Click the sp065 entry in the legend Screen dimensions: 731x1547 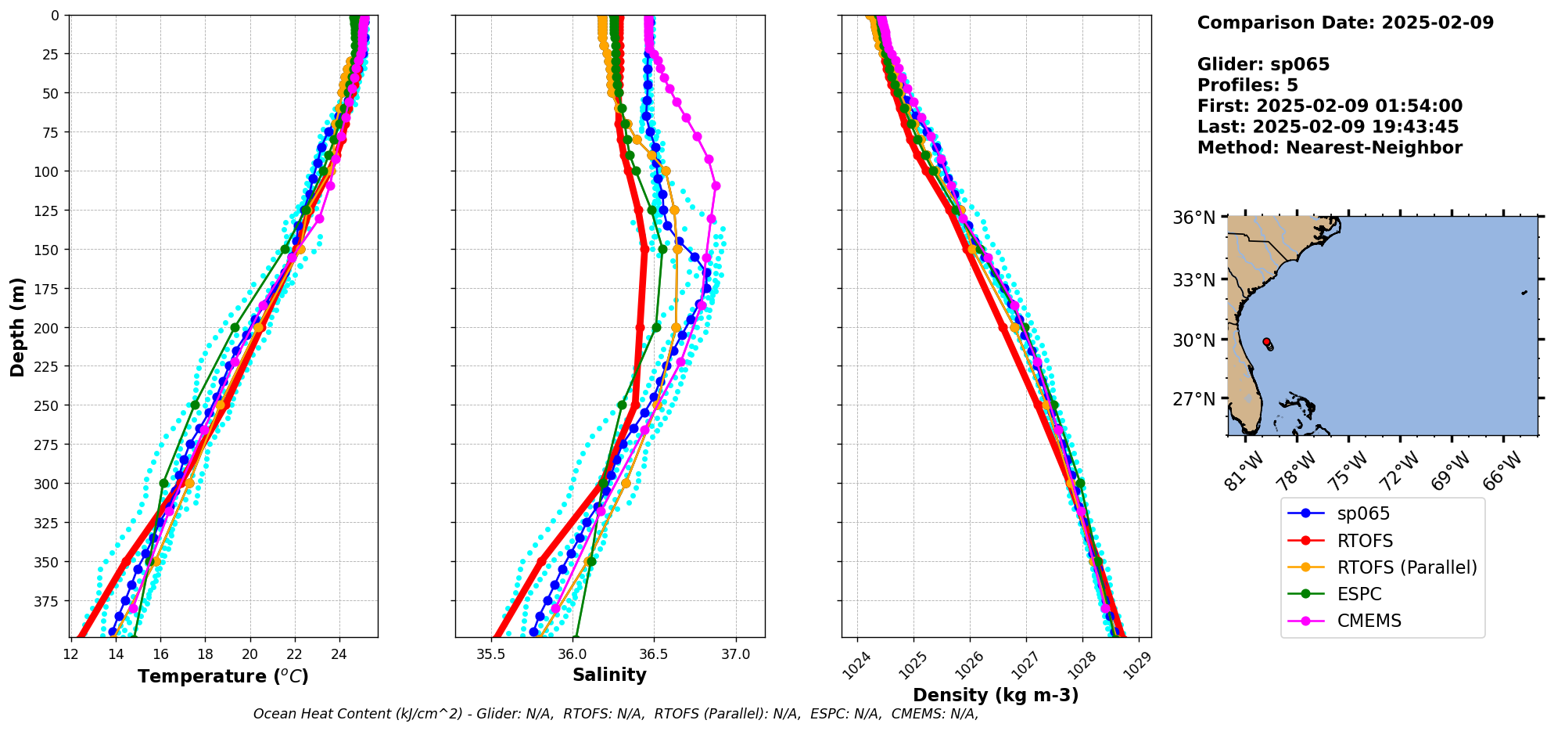tap(1363, 514)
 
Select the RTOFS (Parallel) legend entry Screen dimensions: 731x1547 tap(1406, 567)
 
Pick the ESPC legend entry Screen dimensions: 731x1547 tap(1359, 594)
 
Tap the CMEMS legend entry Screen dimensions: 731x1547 tap(1369, 621)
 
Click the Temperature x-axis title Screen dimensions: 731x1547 tap(223, 676)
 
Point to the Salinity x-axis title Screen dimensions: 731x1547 tap(609, 675)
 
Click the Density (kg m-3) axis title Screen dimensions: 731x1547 tap(996, 695)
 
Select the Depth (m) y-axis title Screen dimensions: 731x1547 tap(17, 326)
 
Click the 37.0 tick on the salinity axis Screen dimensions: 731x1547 tap(735, 654)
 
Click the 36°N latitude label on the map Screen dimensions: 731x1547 tap(1193, 218)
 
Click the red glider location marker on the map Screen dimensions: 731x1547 tap(1266, 342)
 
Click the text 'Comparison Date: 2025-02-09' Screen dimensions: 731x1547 tap(1345, 23)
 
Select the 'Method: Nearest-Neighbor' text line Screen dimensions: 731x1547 tap(1330, 148)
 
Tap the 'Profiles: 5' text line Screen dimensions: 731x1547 tap(1247, 85)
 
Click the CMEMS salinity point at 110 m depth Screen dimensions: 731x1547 tap(716, 186)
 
